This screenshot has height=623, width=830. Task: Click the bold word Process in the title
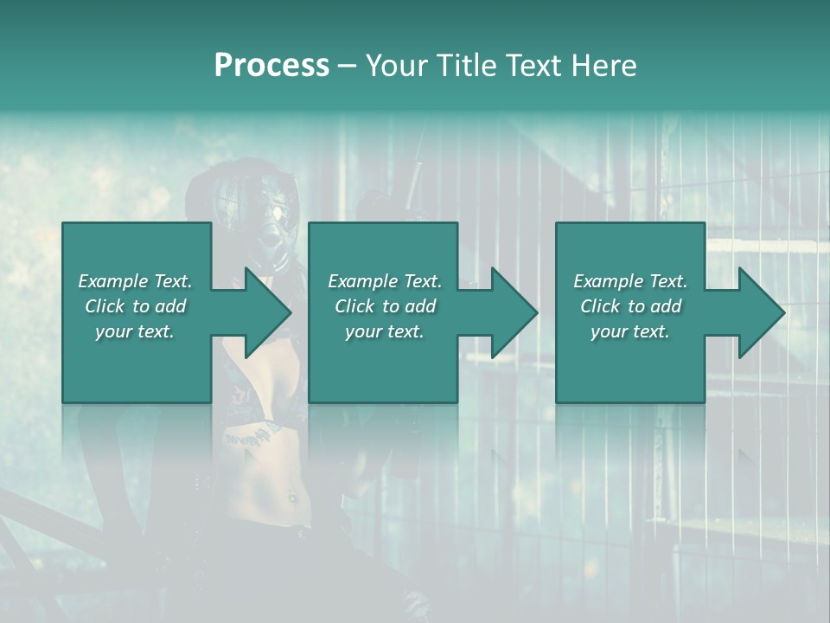coord(271,66)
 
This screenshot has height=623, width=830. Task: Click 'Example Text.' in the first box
coord(135,281)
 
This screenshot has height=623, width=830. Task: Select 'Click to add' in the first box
coord(135,306)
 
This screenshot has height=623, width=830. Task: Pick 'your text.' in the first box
coord(135,331)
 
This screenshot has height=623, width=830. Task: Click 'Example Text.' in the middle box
coord(384,281)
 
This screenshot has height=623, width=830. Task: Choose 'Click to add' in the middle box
coord(384,306)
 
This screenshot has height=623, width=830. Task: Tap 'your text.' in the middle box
coord(384,331)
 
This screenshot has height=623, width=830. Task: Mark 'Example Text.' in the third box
coord(629,281)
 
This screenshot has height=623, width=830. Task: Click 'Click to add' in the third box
coord(629,306)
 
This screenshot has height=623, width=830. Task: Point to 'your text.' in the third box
coord(629,331)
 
